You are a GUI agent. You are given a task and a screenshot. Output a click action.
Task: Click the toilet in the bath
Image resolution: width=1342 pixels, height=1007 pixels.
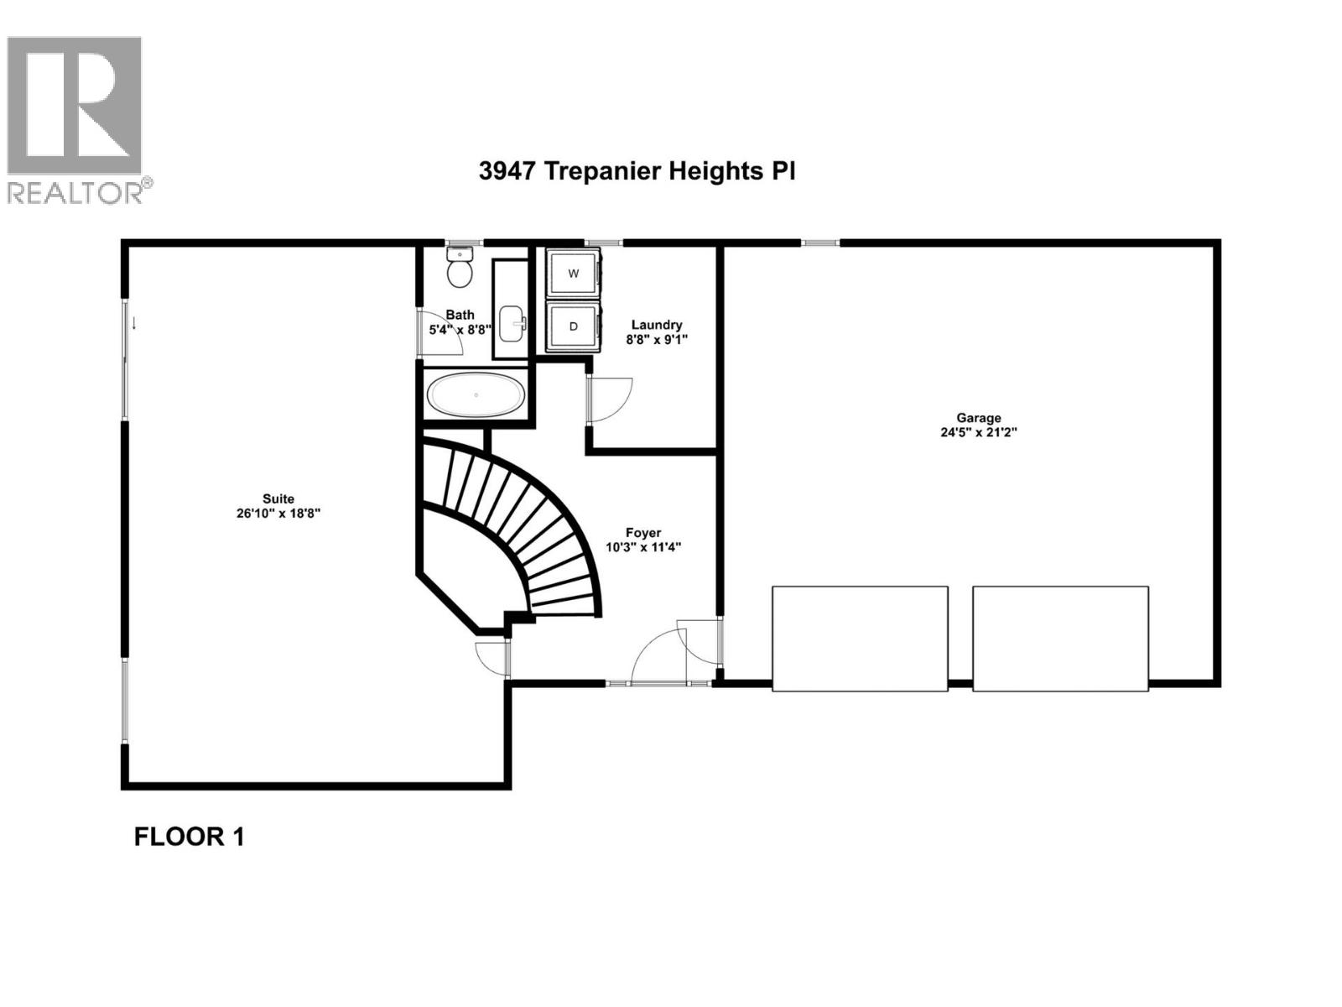point(460,267)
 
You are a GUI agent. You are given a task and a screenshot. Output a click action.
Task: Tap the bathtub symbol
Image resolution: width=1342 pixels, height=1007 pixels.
point(476,394)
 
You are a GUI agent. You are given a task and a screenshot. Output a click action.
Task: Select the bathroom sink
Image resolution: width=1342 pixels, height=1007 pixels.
point(512,321)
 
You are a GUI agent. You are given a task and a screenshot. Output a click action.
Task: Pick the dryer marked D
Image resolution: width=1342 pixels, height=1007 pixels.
point(574,326)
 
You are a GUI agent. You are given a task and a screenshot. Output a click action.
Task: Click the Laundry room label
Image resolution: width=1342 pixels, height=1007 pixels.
point(656,325)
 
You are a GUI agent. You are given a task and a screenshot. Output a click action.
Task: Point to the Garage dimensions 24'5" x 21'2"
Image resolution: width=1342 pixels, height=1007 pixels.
point(978,433)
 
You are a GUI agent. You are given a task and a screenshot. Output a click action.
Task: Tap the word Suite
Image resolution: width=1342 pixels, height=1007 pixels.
point(278,498)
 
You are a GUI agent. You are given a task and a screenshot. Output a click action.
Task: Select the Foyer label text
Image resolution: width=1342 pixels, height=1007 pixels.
point(643,533)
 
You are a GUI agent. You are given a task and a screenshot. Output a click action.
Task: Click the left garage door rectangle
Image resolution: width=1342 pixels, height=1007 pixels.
point(860,639)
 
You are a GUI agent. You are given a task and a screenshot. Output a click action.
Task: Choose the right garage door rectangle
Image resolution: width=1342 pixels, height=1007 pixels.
point(1060,639)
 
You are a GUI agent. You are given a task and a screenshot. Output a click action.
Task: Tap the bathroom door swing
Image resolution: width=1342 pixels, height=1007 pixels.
point(440,332)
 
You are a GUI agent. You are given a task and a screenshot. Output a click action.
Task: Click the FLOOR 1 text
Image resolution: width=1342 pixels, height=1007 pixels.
point(189,837)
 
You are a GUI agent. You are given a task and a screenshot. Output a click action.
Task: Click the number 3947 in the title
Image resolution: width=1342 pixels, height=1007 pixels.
point(507,171)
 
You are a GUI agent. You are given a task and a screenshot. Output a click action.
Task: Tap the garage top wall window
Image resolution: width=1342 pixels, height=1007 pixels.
point(819,243)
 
